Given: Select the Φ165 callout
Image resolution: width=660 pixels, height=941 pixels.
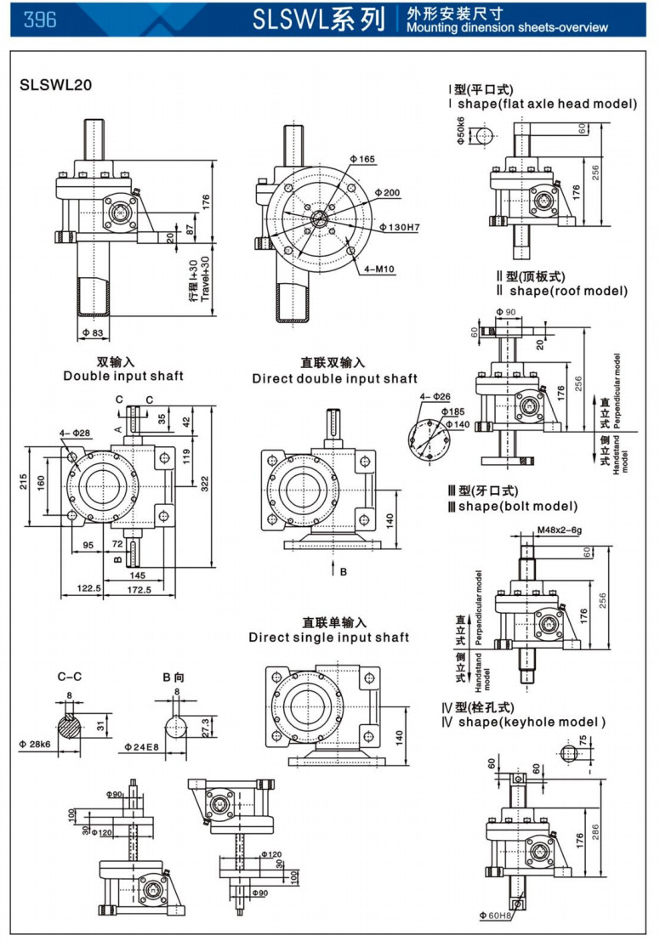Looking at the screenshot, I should pyautogui.click(x=362, y=159).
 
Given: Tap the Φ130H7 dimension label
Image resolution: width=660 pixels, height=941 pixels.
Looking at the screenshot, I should pyautogui.click(x=401, y=227).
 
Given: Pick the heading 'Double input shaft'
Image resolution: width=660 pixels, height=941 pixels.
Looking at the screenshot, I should pyautogui.click(x=123, y=376).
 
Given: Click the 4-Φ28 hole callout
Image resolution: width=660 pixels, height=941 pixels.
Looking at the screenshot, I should pyautogui.click(x=77, y=434).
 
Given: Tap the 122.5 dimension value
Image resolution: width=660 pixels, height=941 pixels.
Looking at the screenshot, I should pyautogui.click(x=88, y=588).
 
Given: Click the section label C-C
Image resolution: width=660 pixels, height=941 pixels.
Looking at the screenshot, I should pyautogui.click(x=69, y=677).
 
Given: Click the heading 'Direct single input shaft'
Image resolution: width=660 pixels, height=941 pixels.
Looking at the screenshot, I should pyautogui.click(x=329, y=638).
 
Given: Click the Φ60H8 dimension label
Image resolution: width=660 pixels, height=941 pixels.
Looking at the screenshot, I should pyautogui.click(x=493, y=915).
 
